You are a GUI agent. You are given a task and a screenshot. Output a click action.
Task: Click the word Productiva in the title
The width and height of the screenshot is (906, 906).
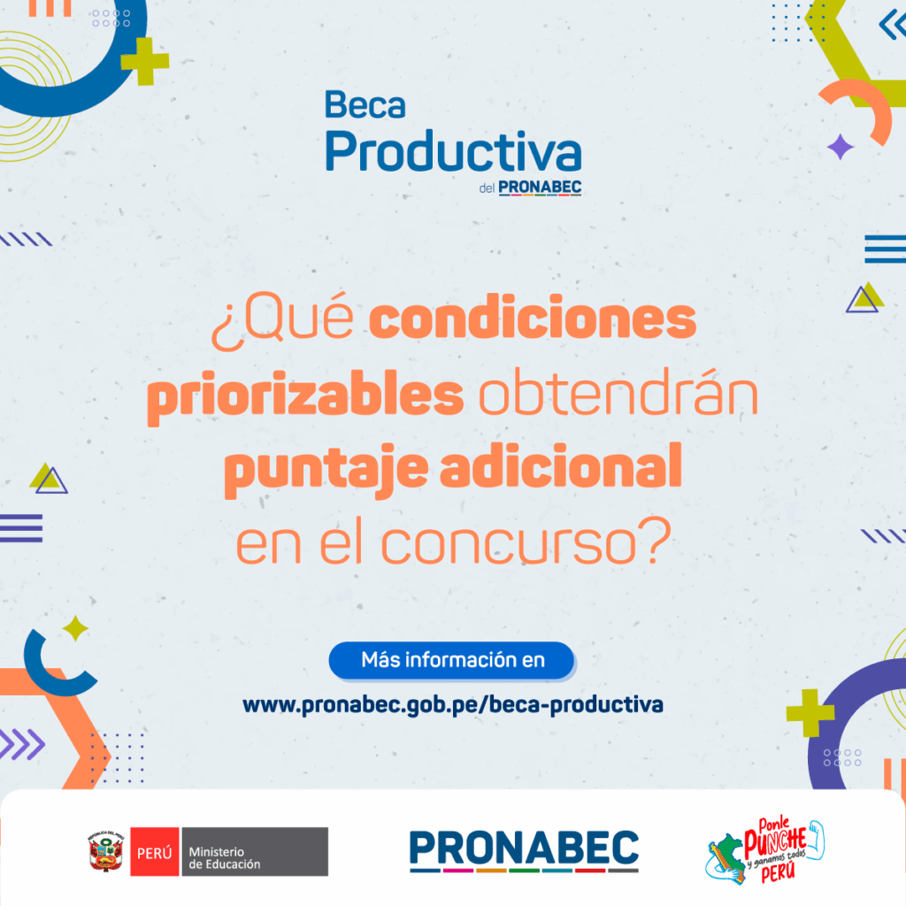point(453,151)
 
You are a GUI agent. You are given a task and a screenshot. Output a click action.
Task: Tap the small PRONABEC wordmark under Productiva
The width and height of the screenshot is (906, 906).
point(540,188)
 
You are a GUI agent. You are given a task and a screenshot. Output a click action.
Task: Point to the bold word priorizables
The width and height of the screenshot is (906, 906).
point(305,395)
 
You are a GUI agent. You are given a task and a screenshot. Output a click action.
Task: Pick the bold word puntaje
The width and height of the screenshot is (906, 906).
point(326,470)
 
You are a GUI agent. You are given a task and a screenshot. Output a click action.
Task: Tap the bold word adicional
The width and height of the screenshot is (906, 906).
point(560,465)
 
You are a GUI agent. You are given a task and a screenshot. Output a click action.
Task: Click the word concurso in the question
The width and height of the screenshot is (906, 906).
point(509,541)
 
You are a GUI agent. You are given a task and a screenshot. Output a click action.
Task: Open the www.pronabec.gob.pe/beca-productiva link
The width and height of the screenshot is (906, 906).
point(452,705)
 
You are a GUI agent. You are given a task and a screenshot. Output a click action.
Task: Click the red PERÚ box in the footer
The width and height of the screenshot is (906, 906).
point(154,852)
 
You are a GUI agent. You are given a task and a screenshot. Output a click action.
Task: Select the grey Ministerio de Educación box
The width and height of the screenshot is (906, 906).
point(255,852)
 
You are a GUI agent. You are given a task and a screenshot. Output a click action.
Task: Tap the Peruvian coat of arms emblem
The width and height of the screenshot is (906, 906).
point(106,851)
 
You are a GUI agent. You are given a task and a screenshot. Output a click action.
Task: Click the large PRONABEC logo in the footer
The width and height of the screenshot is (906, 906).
point(524,850)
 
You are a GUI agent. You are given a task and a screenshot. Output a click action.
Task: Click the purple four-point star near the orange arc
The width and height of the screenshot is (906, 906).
point(841,147)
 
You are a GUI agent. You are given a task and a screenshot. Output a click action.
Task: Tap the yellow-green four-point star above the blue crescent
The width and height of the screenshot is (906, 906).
point(75,628)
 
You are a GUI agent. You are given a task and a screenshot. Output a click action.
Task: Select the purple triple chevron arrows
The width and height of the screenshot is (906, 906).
point(22,744)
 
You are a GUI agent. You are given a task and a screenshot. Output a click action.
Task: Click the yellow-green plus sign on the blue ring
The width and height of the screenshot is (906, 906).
point(145,61)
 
